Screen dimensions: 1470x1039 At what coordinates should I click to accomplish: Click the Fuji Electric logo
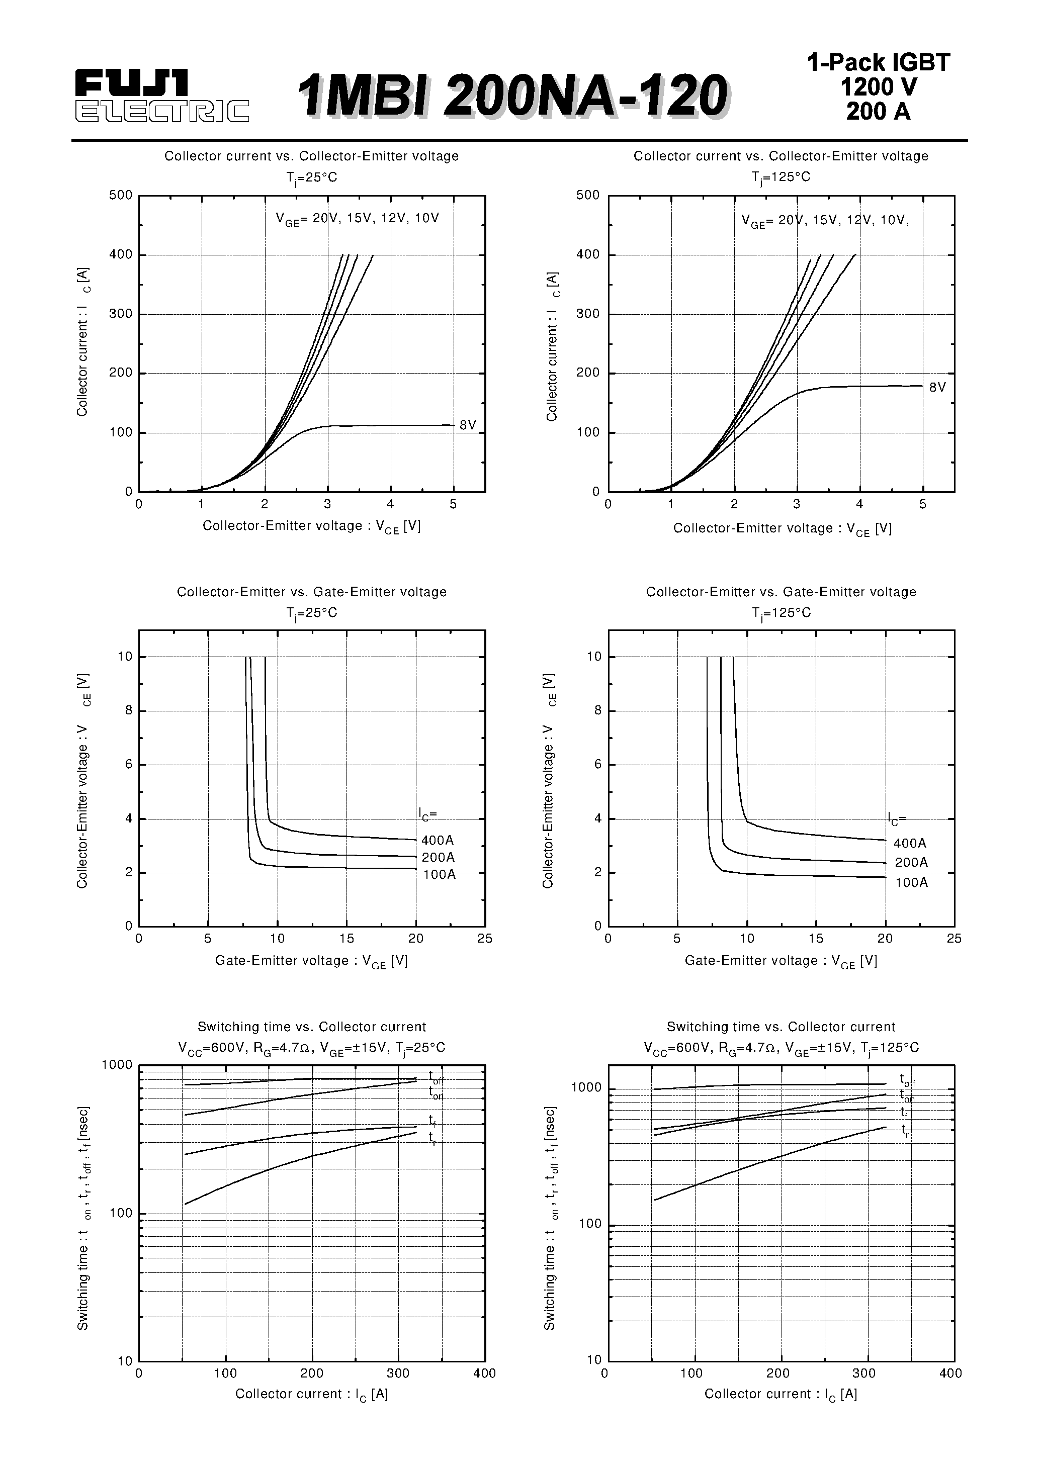click(161, 96)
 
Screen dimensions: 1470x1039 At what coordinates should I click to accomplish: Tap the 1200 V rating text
click(878, 87)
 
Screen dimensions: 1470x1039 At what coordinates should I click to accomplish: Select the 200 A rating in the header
click(878, 112)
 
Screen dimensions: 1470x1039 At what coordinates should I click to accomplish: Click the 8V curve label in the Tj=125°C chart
click(937, 387)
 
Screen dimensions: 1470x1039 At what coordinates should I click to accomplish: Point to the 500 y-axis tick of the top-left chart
click(121, 195)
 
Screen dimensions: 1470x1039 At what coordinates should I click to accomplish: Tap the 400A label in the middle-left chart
click(438, 840)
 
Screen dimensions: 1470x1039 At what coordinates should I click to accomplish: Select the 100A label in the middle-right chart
click(911, 882)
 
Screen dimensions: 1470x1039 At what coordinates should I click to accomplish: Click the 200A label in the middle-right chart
click(911, 862)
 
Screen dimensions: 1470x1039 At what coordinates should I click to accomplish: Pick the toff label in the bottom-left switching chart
click(436, 1078)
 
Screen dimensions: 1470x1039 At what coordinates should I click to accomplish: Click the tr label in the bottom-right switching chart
click(905, 1131)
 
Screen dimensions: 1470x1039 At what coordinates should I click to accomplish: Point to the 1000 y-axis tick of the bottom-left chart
click(117, 1065)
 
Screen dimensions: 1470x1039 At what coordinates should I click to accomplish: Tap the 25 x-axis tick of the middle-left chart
click(485, 939)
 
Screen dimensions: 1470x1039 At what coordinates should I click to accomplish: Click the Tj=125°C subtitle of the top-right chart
click(781, 177)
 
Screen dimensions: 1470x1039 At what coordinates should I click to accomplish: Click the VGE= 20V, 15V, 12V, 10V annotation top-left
click(358, 218)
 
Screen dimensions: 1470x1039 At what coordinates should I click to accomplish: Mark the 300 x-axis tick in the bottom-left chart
click(398, 1373)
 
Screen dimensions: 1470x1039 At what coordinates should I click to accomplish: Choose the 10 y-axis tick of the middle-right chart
click(594, 657)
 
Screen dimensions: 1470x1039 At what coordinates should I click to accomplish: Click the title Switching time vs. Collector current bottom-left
click(311, 1027)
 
